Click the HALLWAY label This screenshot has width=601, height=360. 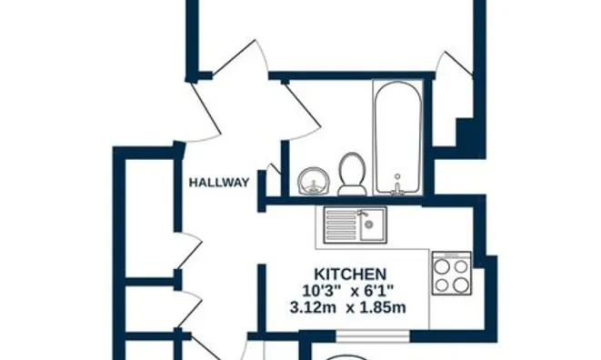pos(218,183)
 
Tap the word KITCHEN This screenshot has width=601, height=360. pos(350,273)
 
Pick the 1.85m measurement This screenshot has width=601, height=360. pos(381,306)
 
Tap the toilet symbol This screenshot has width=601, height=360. pos(351,173)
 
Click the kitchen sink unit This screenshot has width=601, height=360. pos(356,224)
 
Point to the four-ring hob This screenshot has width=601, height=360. pos(451,273)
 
